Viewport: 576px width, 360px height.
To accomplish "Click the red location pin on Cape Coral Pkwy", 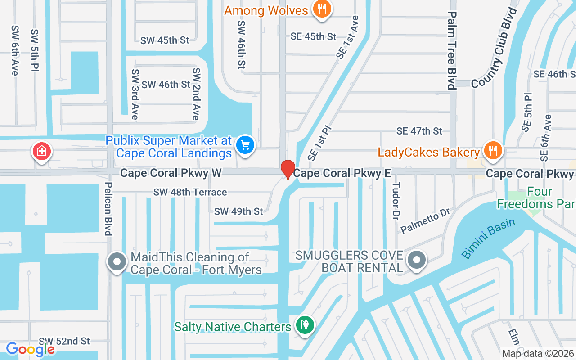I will [288, 169].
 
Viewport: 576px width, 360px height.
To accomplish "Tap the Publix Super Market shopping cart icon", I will [246, 145].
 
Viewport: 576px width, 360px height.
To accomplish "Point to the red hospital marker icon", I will [41, 151].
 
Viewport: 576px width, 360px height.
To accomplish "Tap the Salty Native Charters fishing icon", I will [305, 324].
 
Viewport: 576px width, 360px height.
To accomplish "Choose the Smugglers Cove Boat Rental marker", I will [417, 260].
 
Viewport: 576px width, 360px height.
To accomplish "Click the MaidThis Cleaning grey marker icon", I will [117, 261].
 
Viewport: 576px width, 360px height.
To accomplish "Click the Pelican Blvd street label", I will [108, 208].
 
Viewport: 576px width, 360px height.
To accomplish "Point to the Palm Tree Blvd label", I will [452, 50].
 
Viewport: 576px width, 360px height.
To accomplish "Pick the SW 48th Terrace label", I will [190, 192].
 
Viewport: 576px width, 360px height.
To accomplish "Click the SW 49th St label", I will [238, 211].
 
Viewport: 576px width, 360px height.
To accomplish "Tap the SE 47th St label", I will [419, 131].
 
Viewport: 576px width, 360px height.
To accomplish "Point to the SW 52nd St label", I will [64, 341].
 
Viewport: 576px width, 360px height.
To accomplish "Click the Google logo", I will [30, 349].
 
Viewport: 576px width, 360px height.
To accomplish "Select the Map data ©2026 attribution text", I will [537, 353].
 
